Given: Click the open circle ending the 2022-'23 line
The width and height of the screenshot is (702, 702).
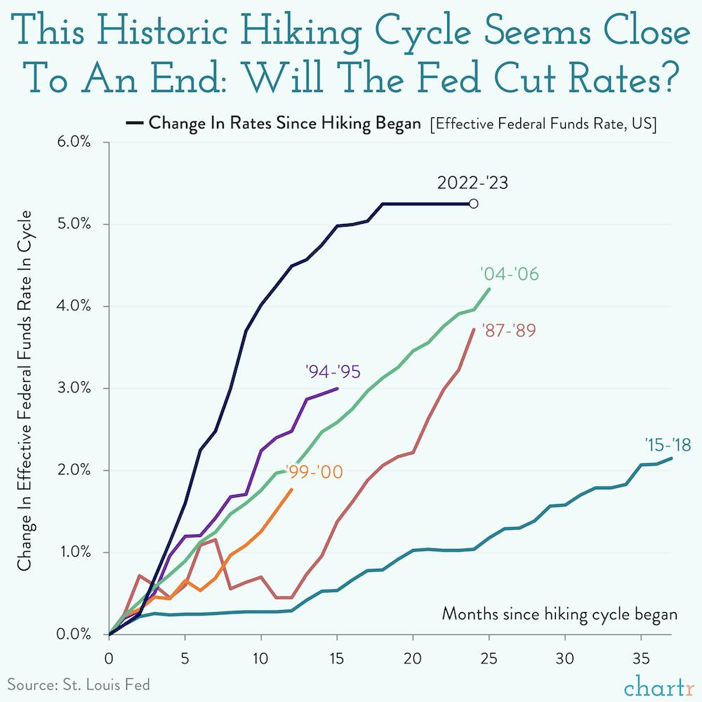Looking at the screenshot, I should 474,204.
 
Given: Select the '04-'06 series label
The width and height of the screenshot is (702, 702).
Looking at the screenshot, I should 509,274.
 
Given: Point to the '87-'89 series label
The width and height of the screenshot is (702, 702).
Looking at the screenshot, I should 509,331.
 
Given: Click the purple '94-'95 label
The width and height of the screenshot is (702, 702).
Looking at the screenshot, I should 333,371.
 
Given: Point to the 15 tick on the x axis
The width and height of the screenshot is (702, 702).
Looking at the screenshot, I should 337,659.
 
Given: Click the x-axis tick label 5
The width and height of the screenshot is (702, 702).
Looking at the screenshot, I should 185,659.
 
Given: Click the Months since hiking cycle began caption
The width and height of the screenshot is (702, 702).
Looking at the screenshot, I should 559,614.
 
